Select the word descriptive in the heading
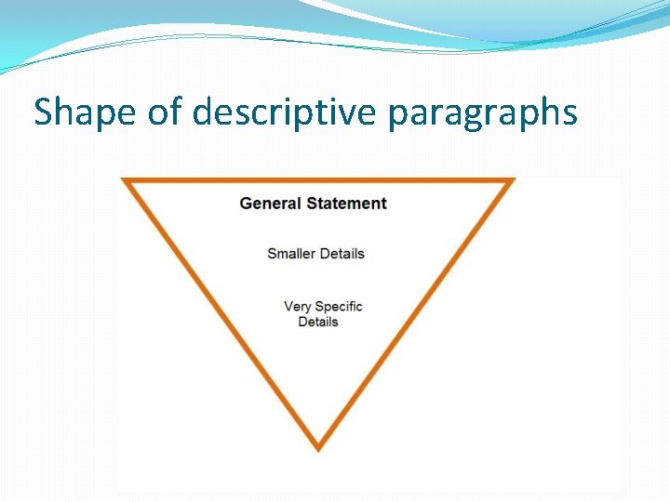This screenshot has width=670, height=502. (286, 113)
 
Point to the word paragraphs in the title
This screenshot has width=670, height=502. (482, 113)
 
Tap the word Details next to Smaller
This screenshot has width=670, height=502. (342, 253)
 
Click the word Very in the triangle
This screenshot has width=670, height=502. (297, 306)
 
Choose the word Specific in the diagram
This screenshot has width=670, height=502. (339, 306)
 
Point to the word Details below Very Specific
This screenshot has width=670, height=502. (318, 322)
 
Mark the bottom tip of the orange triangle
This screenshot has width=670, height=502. (318, 447)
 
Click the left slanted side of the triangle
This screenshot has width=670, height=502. (221, 313)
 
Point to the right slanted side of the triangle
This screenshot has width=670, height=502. (415, 313)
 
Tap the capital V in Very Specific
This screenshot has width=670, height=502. (288, 306)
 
